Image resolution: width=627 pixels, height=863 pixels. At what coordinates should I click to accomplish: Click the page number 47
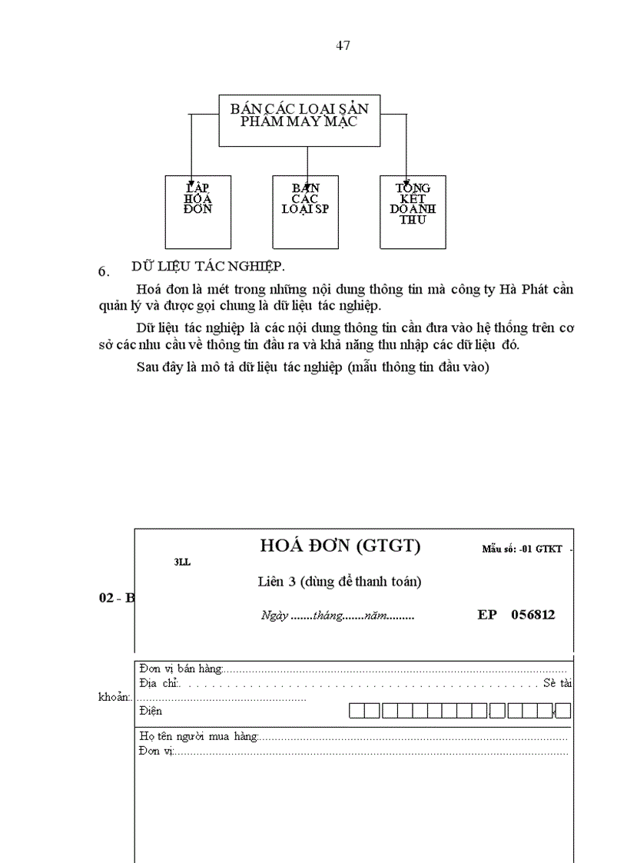pos(343,45)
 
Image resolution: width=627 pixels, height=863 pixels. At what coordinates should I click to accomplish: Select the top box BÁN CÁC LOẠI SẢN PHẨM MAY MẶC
pos(299,119)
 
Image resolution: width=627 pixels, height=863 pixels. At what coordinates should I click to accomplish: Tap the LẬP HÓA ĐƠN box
pos(197,211)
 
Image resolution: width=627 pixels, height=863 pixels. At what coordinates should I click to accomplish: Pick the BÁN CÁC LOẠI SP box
pos(305,211)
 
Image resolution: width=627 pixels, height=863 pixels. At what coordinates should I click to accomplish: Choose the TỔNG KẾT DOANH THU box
pos(413,211)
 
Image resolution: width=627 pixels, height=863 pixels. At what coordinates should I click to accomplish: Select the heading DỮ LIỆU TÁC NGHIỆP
pos(208,266)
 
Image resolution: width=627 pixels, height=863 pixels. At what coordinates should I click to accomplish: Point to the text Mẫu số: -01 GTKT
pos(522,549)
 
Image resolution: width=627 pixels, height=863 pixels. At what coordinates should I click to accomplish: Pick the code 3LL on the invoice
pos(182,563)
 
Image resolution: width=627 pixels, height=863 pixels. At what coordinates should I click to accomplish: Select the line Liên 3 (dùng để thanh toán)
pos(340,582)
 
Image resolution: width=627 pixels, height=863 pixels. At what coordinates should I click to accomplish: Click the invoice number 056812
pos(532,615)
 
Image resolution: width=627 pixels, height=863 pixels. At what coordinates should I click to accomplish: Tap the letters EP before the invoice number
pos(487,615)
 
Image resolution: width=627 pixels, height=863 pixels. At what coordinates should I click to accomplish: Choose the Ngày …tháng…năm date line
pos(337,616)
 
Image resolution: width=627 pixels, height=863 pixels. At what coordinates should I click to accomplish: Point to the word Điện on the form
pos(151,711)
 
